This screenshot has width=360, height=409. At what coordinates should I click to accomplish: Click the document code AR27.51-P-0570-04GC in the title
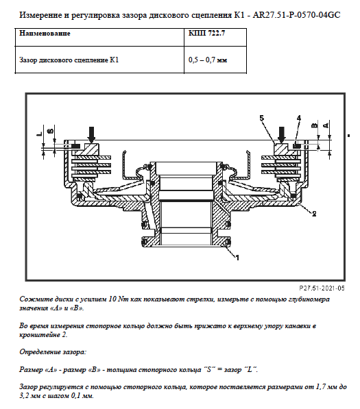(296, 15)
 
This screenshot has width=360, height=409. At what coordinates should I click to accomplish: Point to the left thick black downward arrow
(91, 134)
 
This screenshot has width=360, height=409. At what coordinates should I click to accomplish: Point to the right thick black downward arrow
(282, 134)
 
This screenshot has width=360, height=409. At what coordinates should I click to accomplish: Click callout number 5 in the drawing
(262, 118)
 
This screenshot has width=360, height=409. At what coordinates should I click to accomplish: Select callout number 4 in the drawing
(299, 118)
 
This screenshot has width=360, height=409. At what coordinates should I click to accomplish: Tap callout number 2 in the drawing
(314, 214)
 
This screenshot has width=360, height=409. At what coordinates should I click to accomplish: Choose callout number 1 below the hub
(237, 258)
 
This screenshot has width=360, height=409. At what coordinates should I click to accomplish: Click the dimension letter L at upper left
(39, 134)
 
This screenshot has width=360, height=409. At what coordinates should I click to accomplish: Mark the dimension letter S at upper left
(51, 130)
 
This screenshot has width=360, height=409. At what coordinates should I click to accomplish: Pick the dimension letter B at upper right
(315, 125)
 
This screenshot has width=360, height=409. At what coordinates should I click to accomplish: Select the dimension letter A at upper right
(326, 125)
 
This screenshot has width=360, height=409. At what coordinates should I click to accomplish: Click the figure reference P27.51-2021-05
(322, 288)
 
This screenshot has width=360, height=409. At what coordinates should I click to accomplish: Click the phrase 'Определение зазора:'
(53, 352)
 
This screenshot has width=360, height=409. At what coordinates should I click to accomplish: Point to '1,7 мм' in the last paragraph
(326, 387)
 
